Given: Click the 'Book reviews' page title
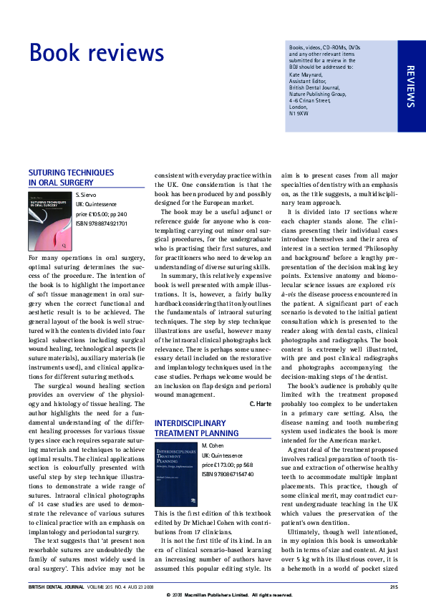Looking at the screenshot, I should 97,54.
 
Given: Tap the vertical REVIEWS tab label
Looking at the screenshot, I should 410,86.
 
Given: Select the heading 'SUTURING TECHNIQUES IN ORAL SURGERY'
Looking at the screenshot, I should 71,178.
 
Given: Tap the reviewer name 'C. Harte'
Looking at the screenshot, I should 260,404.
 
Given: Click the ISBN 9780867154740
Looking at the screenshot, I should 229,473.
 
